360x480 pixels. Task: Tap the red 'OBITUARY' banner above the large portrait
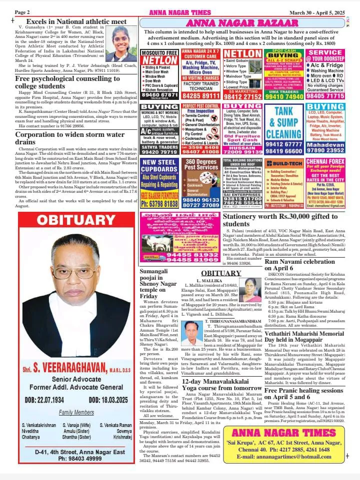(76, 220)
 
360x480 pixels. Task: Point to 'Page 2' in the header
(22, 11)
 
